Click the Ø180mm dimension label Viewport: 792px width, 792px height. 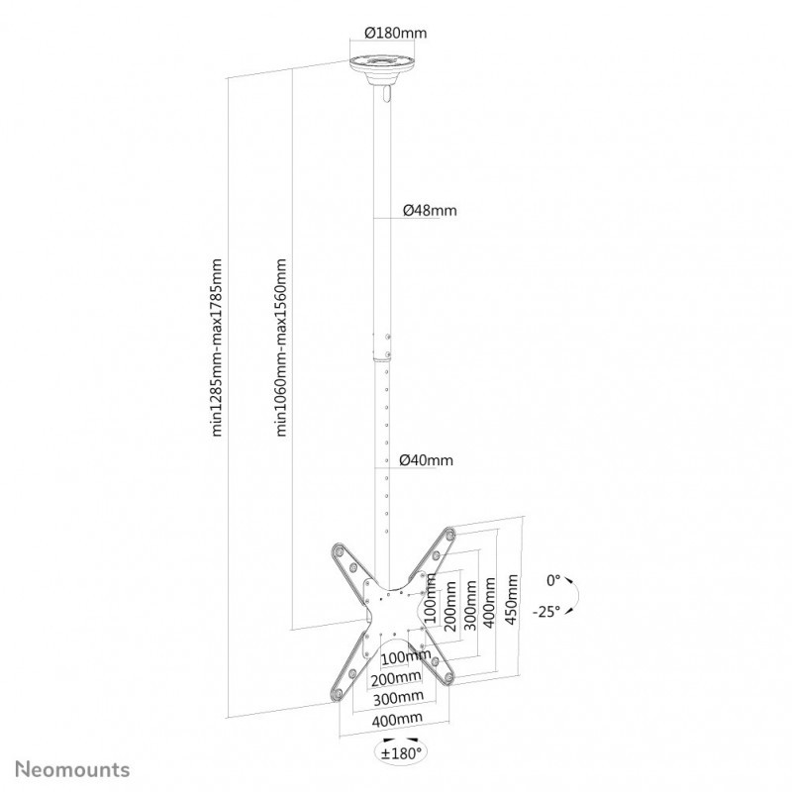click(395, 33)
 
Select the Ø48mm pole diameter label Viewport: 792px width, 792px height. click(430, 210)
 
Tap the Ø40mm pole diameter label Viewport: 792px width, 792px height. click(427, 460)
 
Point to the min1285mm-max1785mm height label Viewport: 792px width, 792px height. click(217, 347)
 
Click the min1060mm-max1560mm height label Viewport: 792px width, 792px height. click(280, 347)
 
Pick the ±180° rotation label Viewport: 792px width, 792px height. click(401, 753)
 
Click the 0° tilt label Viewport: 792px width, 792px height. click(553, 580)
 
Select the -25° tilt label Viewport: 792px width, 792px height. click(546, 612)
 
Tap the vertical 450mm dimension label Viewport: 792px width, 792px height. click(512, 599)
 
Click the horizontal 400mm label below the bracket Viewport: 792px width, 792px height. click(397, 720)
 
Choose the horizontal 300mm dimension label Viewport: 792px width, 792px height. click(398, 698)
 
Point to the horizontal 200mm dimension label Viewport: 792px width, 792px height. click(396, 678)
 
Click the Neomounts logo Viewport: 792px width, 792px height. click(72, 770)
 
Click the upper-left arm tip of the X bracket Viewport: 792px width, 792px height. click(339, 550)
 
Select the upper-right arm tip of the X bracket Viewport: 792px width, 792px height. click(449, 536)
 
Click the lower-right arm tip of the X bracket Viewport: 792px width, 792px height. click(448, 678)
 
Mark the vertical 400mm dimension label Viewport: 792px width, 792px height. click(489, 603)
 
